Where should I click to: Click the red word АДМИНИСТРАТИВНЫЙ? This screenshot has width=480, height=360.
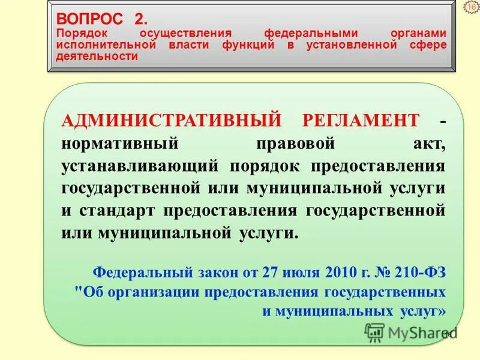pyautogui.click(x=171, y=120)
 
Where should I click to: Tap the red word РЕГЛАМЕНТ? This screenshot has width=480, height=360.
pyautogui.click(x=361, y=120)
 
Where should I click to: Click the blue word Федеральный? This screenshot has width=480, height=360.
pyautogui.click(x=142, y=271)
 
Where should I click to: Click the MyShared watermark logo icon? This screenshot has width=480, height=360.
pyautogui.click(x=374, y=332)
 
